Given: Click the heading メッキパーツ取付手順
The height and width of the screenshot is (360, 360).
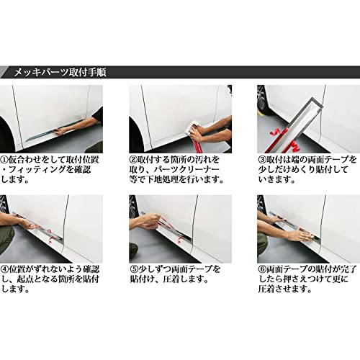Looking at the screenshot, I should coord(62,73).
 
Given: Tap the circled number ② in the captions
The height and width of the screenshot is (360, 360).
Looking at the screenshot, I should coord(135,158).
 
